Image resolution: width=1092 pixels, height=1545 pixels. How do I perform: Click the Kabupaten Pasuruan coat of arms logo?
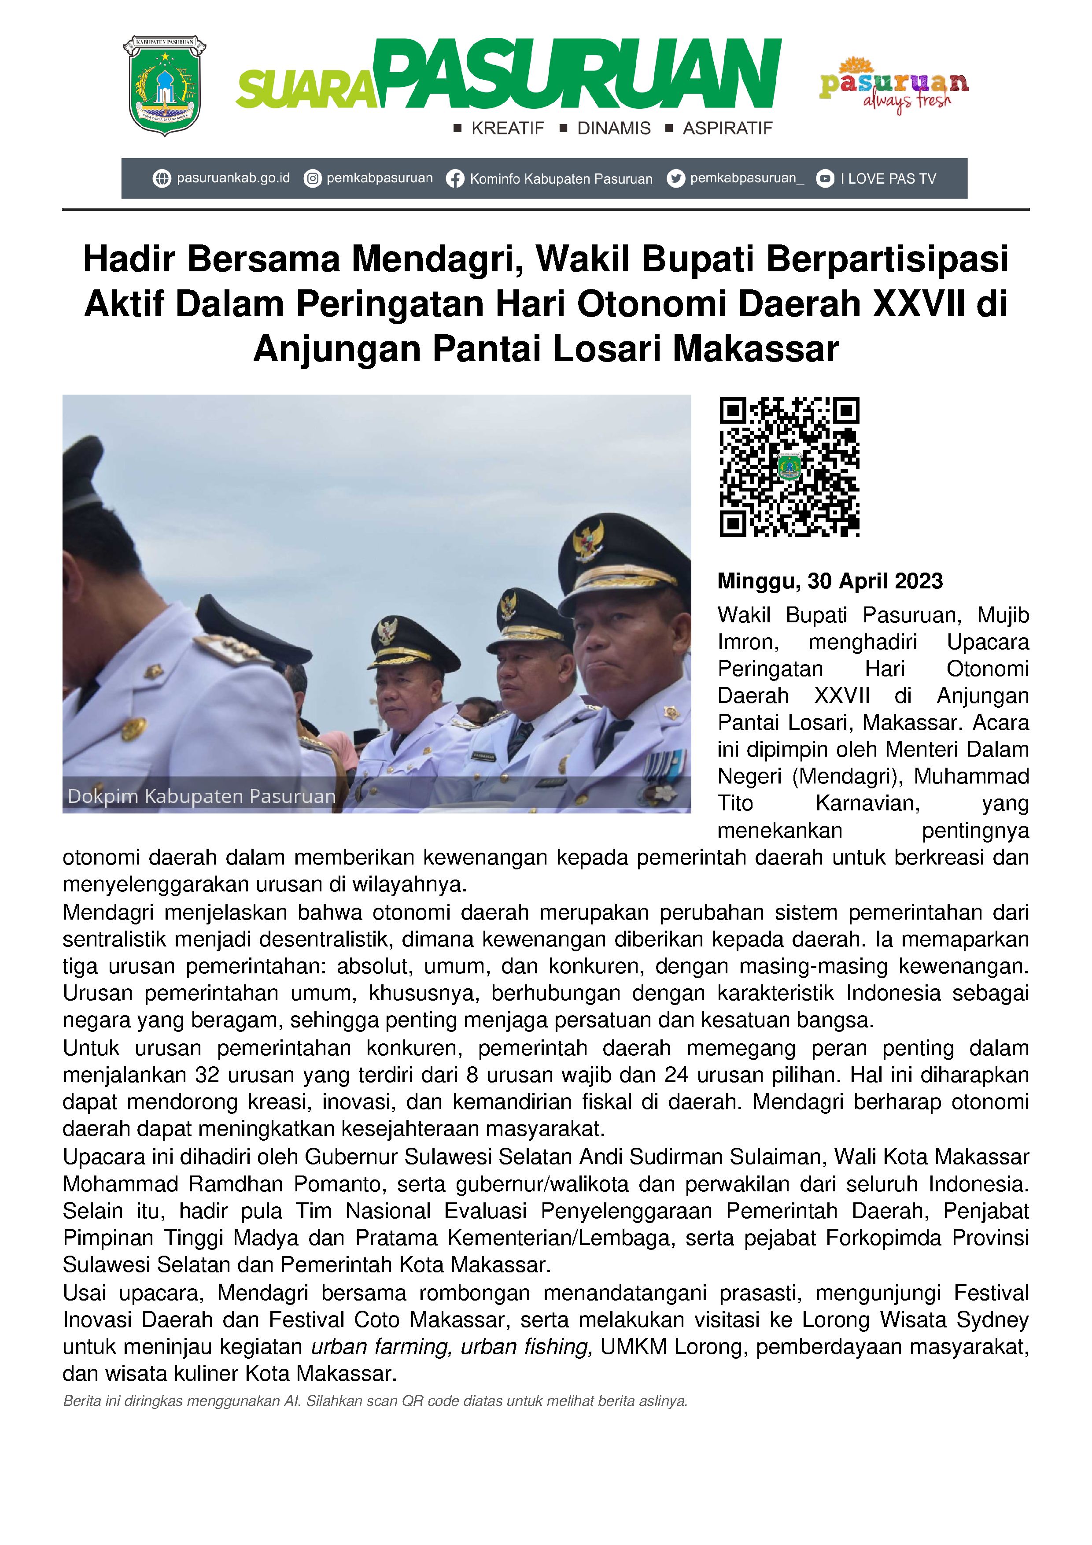tap(164, 86)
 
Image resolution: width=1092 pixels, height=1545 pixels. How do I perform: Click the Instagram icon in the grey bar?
tap(312, 179)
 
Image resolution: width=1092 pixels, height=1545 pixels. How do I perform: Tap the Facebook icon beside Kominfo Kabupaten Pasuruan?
tap(455, 179)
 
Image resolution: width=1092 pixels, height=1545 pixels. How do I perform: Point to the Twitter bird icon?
tap(675, 179)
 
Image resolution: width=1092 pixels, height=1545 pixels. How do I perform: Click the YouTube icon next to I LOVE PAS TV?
tap(825, 179)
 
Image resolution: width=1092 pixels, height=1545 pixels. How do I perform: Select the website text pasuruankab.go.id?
tap(233, 178)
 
